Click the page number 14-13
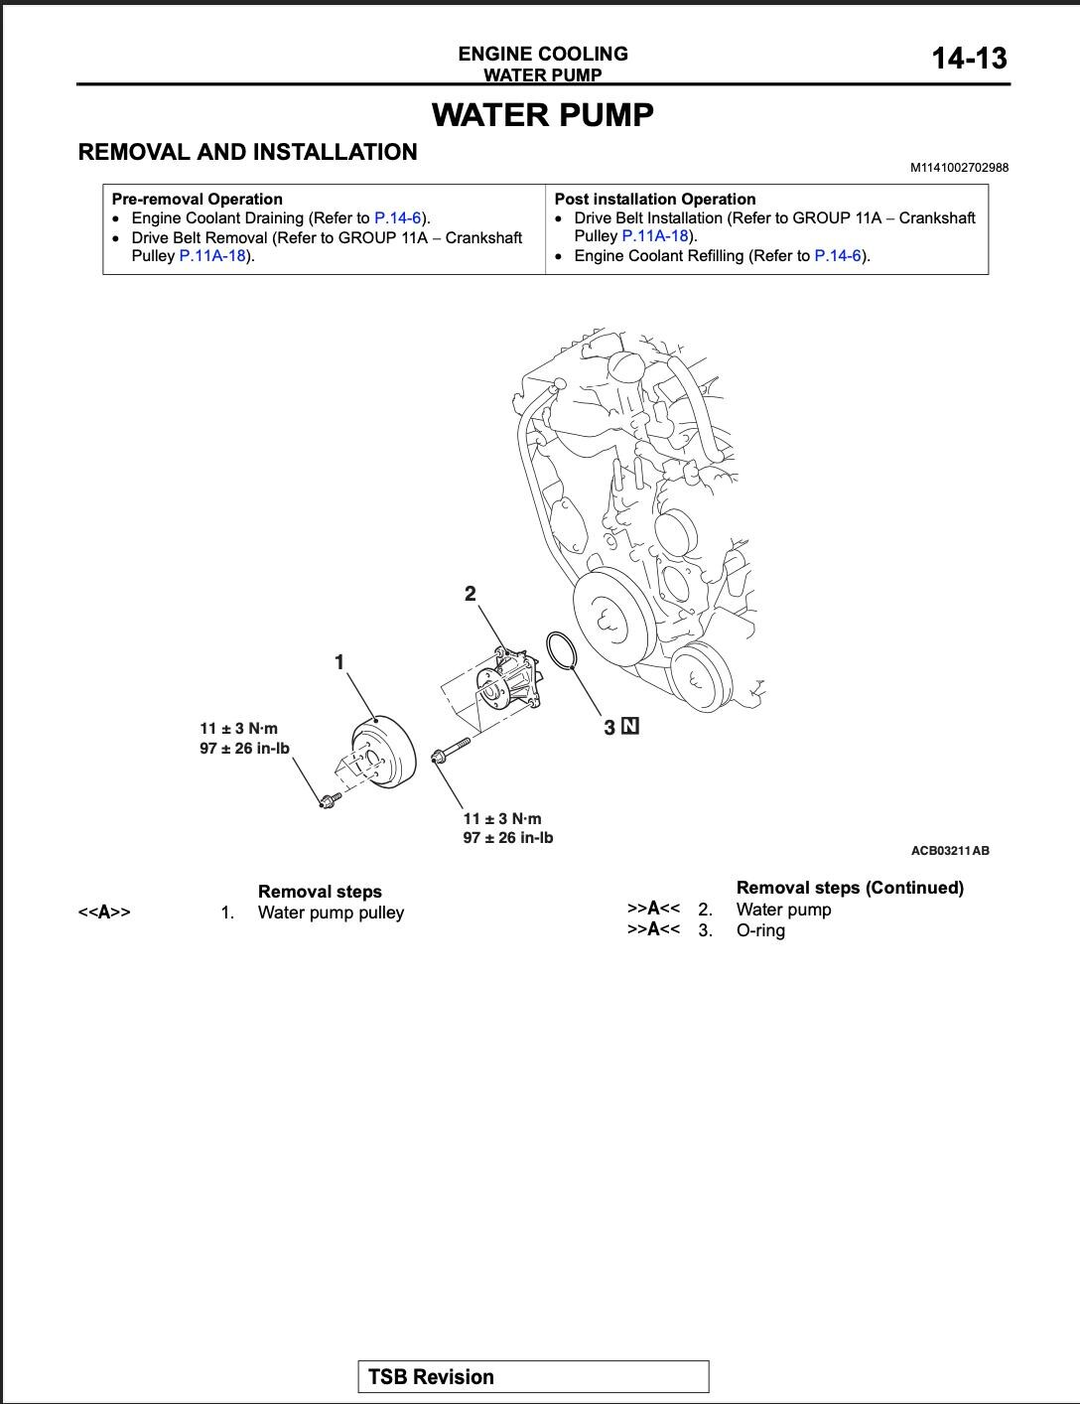coord(968,59)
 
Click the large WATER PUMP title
coord(542,115)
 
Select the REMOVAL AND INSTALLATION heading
coord(247,152)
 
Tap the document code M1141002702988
coord(959,168)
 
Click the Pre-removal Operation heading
coord(197,199)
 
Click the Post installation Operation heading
coord(654,199)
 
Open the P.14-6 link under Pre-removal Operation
coord(398,217)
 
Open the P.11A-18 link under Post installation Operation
coord(654,236)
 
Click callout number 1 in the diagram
coord(339,661)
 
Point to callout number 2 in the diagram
coord(470,594)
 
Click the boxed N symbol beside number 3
coord(630,726)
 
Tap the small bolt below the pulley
coord(329,798)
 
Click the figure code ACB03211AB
coord(950,851)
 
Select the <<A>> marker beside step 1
coord(104,913)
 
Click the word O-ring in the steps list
coord(760,930)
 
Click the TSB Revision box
coord(533,1377)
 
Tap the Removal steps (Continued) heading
coord(850,888)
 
